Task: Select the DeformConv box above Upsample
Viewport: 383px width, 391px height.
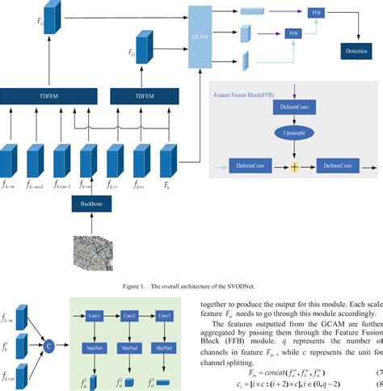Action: pos(287,107)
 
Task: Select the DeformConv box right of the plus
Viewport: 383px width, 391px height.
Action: pos(336,166)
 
